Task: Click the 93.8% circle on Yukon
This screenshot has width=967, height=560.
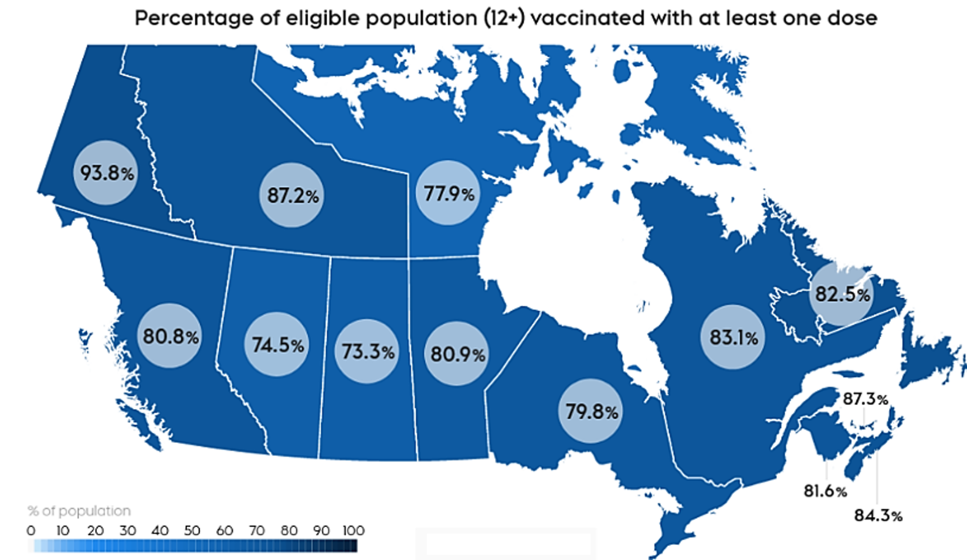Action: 106,173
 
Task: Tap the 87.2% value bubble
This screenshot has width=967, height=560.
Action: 291,195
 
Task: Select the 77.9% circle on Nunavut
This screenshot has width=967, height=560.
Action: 447,193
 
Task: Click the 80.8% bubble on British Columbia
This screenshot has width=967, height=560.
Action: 170,336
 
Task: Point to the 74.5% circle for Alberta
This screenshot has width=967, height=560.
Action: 277,345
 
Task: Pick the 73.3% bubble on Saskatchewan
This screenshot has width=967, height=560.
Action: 367,351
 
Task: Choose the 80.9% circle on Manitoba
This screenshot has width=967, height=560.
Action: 457,354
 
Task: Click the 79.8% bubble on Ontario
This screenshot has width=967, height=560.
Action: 591,411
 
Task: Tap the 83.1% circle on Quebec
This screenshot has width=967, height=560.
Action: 733,337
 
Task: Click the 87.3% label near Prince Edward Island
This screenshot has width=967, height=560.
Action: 865,399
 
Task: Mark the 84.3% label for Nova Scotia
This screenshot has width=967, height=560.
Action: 878,516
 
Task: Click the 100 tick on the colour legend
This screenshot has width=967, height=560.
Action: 354,531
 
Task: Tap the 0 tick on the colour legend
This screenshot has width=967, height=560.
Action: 31,531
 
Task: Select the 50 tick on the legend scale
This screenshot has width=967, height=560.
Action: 192,531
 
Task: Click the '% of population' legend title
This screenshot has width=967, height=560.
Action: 79,511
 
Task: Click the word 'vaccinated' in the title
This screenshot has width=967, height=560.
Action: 587,18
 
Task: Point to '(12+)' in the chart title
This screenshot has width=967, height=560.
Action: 504,18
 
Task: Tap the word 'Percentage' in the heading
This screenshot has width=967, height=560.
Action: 186,18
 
